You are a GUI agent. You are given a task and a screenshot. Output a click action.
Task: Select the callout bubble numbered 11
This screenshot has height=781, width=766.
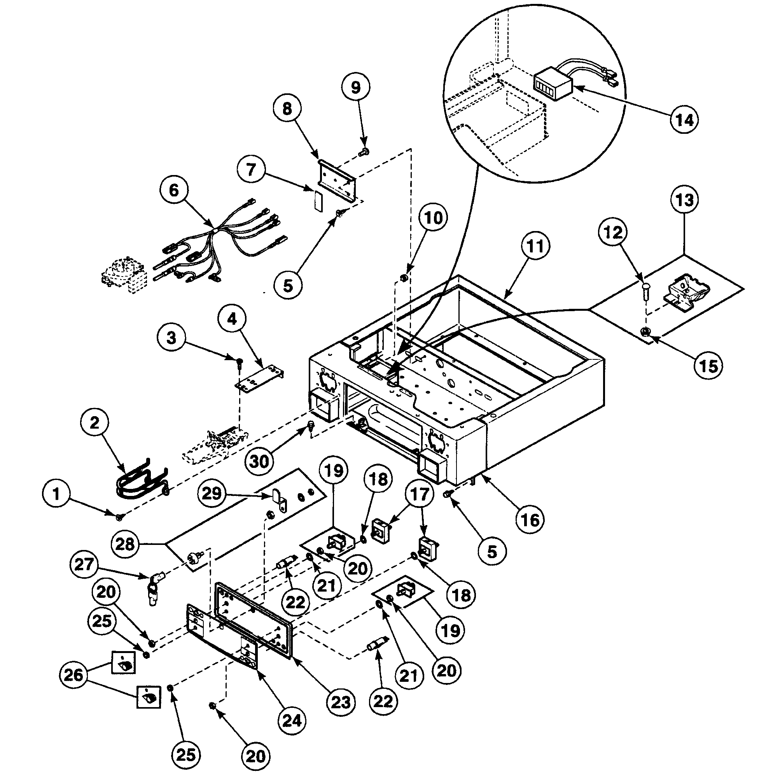(535, 246)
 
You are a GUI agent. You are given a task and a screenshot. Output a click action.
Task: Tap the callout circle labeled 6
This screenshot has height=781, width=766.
(174, 190)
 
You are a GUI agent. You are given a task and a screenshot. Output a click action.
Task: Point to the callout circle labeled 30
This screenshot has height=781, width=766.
(259, 461)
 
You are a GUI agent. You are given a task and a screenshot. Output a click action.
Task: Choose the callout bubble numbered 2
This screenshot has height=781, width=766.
(94, 422)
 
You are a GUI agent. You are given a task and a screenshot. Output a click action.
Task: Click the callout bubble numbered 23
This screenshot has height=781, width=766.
(341, 702)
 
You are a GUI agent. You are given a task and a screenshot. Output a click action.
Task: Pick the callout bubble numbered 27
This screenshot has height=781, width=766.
(84, 564)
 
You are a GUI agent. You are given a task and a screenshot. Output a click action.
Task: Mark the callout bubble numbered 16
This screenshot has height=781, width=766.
(530, 520)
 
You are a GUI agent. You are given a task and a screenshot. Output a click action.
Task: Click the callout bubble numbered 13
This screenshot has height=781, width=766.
(685, 200)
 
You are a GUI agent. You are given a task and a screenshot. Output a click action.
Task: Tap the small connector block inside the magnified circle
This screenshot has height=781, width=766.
(552, 85)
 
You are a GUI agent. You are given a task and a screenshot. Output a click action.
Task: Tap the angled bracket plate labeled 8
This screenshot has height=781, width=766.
(337, 180)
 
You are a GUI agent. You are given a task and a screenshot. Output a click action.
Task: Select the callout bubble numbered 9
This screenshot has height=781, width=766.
(356, 87)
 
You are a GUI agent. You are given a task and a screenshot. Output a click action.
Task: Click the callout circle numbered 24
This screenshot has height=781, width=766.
(292, 720)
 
